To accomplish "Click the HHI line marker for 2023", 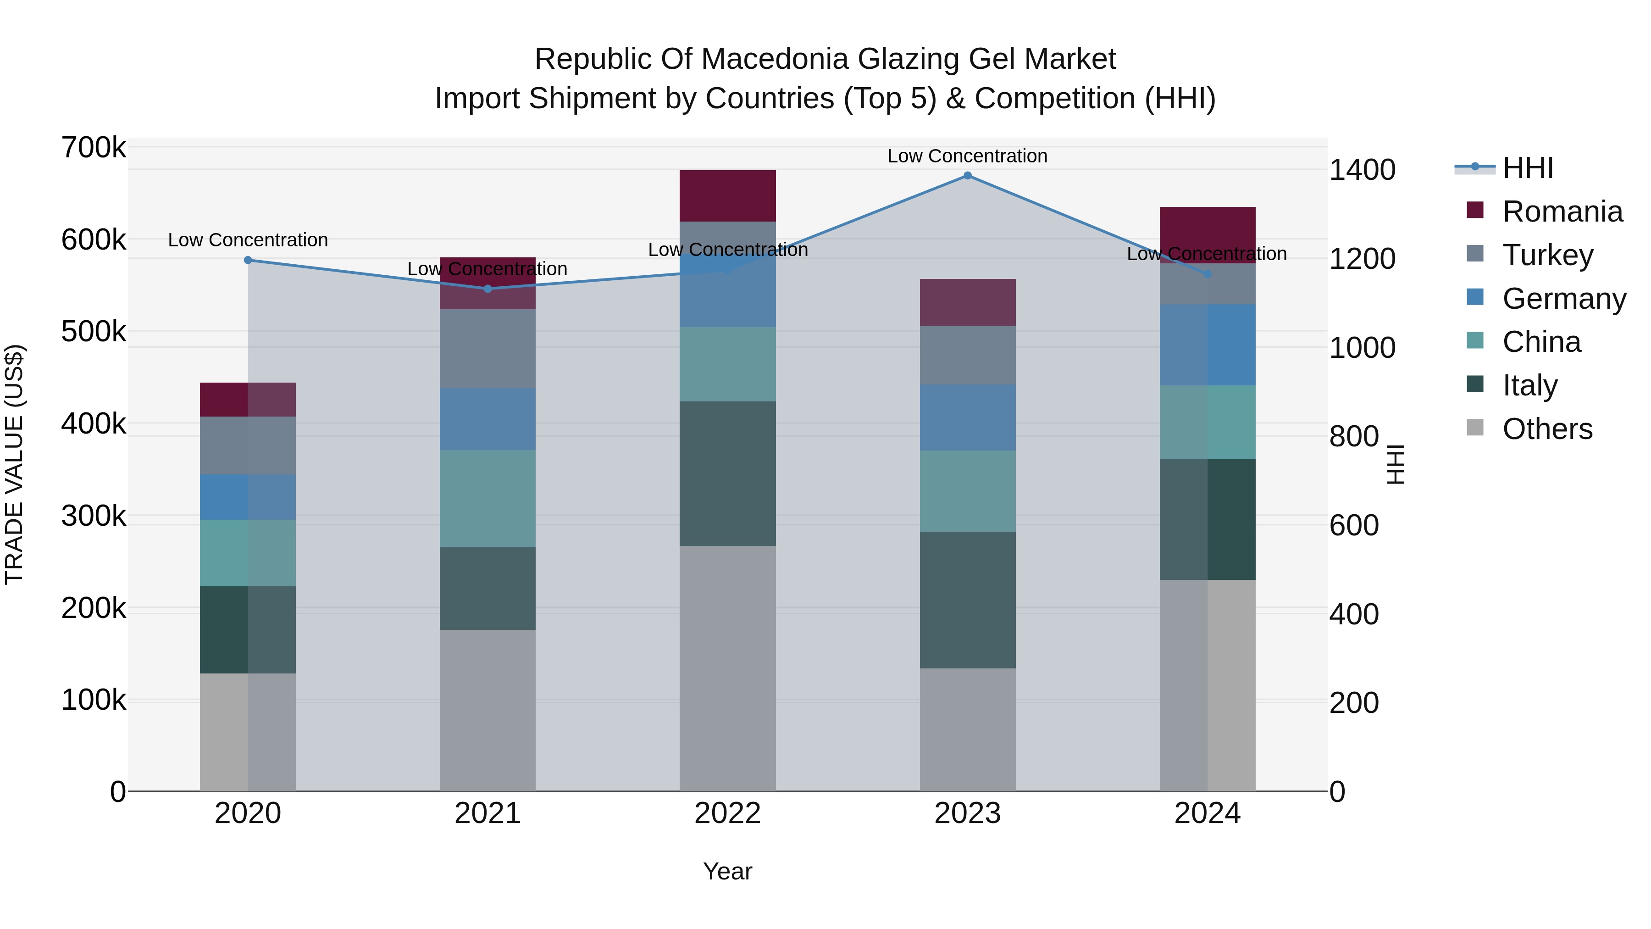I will click(967, 176).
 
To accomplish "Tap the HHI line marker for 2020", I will click(248, 260).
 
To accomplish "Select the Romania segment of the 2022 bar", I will click(727, 195).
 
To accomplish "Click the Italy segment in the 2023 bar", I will click(967, 600).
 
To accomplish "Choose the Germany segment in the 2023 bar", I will click(967, 417).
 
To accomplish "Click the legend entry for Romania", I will click(1562, 211).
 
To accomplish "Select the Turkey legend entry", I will click(1547, 255).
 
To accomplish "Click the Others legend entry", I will click(1547, 429).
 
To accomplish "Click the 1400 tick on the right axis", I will click(1362, 170).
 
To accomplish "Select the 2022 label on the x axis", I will click(727, 813).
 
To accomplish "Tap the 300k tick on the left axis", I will click(94, 516).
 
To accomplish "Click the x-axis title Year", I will click(727, 871).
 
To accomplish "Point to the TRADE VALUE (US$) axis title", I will click(14, 464).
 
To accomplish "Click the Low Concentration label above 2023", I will click(967, 156).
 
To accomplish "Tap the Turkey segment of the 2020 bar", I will click(248, 445).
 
